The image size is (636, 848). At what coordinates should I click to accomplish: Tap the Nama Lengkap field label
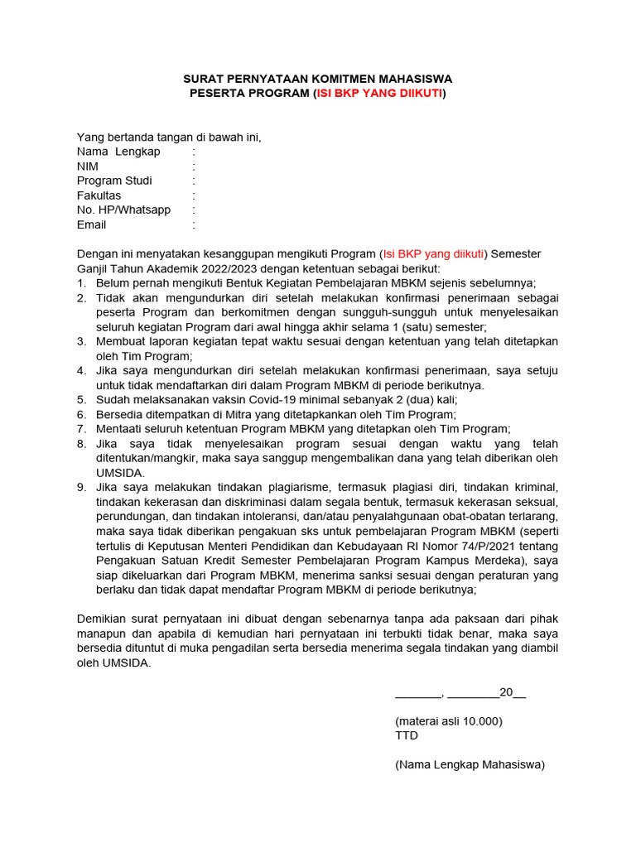pos(118,152)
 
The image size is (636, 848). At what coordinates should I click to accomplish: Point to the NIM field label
pos(88,166)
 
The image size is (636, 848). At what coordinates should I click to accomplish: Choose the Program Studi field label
pos(114,181)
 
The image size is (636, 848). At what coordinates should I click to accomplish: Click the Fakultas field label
pos(99,195)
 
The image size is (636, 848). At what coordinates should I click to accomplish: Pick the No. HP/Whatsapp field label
pos(123,210)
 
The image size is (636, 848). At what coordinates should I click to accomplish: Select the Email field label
pos(91,224)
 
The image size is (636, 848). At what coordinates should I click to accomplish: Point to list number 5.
pos(81,399)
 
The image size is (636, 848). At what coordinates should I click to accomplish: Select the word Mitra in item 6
pos(209,414)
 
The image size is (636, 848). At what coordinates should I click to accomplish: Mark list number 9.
pos(81,487)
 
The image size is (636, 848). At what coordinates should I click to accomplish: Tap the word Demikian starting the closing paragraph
pos(103,619)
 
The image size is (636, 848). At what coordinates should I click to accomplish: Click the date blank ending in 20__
pos(460,693)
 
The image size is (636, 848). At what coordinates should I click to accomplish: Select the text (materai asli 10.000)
pos(449,720)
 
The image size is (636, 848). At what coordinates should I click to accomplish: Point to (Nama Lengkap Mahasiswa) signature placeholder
pos(470,764)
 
